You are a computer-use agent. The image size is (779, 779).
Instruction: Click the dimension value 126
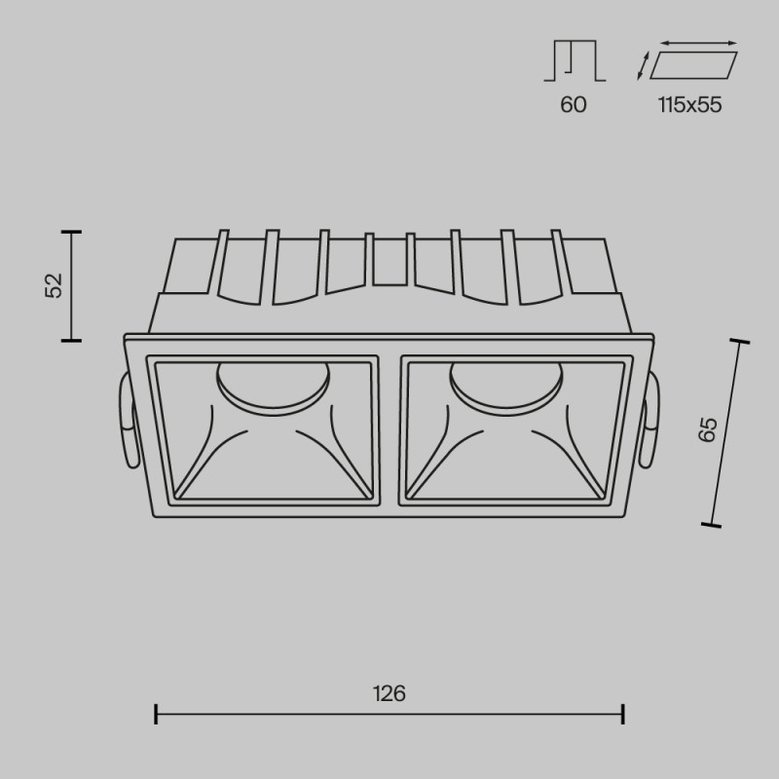389,694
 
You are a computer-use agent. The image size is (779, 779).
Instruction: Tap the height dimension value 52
54,285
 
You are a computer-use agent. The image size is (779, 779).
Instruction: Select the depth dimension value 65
708,429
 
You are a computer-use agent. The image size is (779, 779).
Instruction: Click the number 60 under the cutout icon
574,105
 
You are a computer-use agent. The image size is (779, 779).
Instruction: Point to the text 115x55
689,105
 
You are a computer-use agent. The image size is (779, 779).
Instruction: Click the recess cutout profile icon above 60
574,61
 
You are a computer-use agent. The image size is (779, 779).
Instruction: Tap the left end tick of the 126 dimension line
156,715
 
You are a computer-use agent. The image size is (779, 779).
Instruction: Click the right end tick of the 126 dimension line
623,715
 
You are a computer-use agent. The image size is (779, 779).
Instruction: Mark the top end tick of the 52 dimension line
71,233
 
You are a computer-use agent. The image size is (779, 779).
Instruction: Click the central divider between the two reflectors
389,428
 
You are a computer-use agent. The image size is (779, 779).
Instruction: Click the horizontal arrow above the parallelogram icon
698,43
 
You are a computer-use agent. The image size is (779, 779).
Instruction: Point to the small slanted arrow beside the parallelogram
643,66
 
